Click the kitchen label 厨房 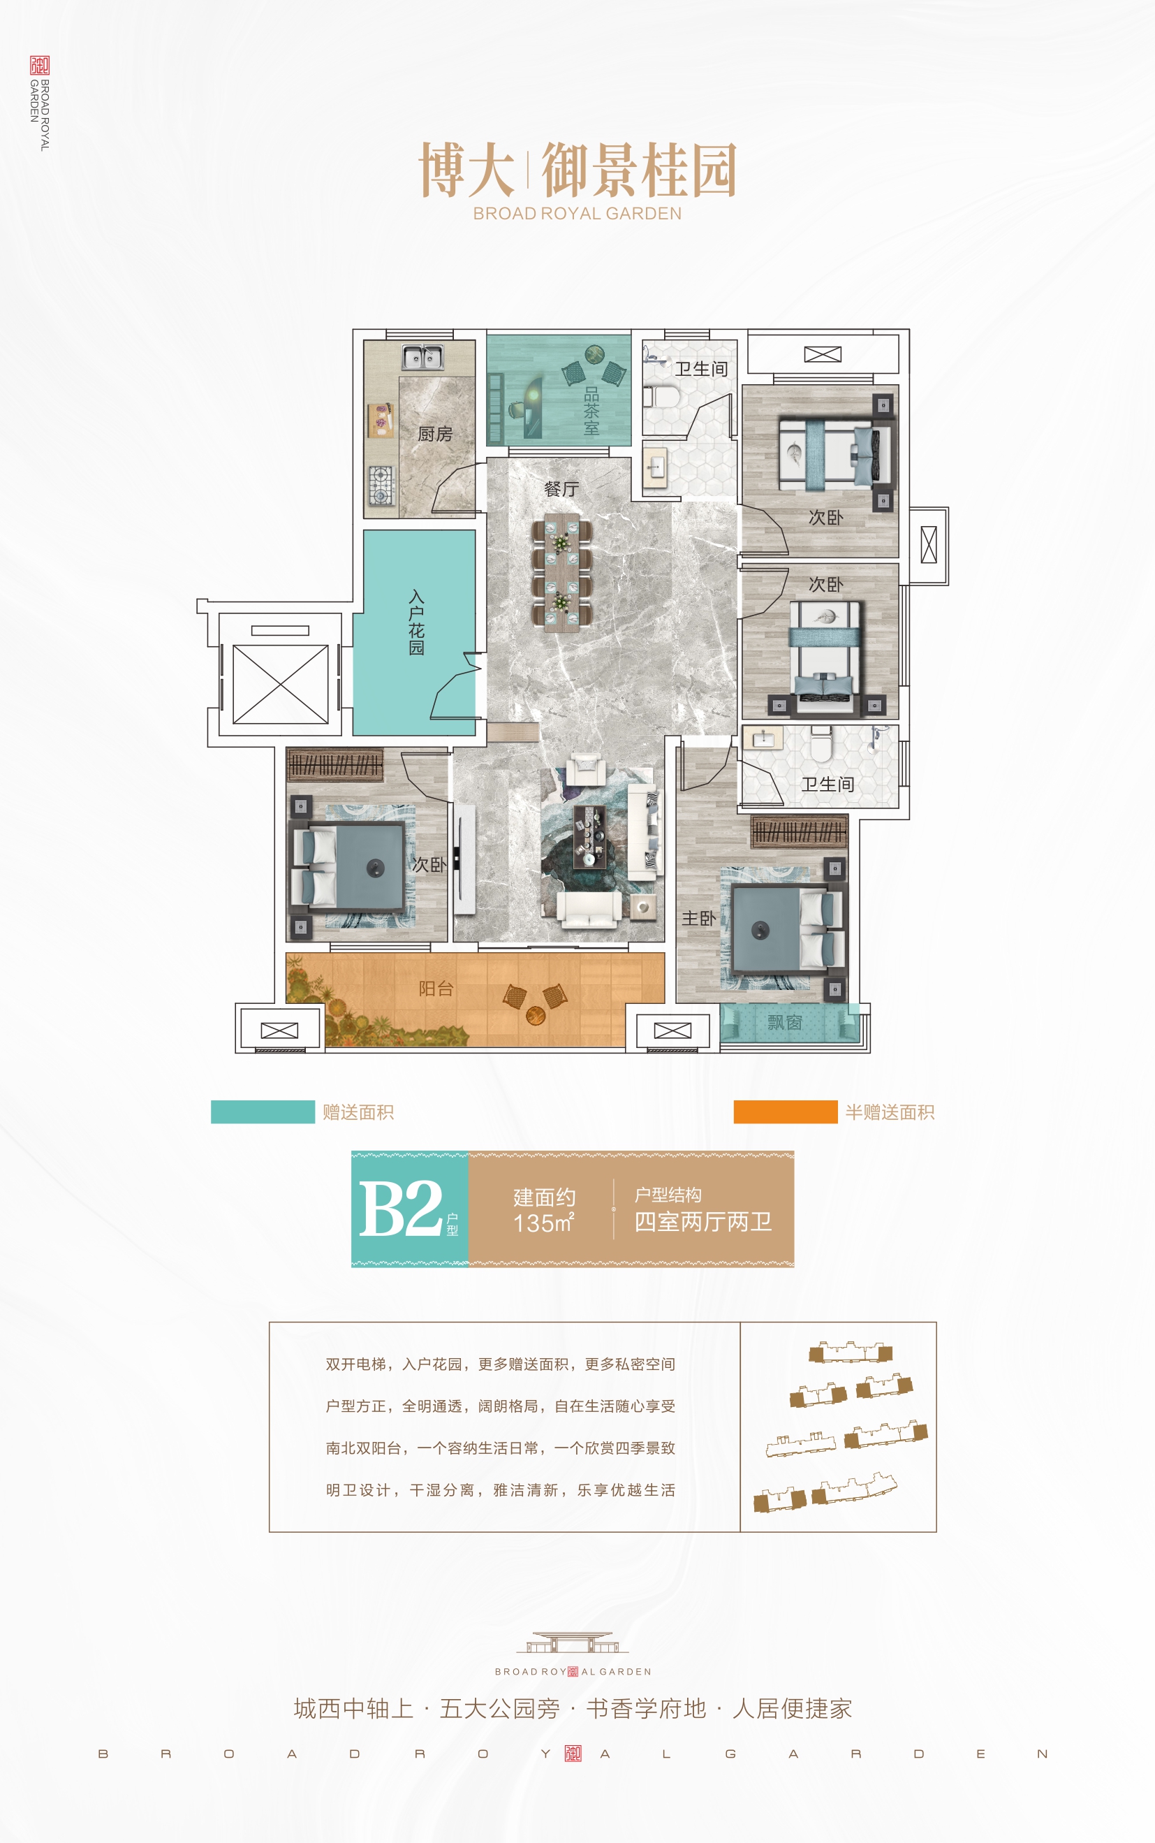pyautogui.click(x=436, y=434)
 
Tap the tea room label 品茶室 pyautogui.click(x=591, y=411)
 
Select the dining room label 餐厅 pyautogui.click(x=561, y=489)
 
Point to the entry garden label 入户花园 pyautogui.click(x=416, y=622)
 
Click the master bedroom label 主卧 pyautogui.click(x=699, y=918)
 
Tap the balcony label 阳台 pyautogui.click(x=436, y=989)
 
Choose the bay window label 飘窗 pyautogui.click(x=784, y=1022)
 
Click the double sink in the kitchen pyautogui.click(x=422, y=357)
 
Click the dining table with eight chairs pyautogui.click(x=561, y=571)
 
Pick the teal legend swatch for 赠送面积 pyautogui.click(x=263, y=1112)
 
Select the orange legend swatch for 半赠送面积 pyautogui.click(x=786, y=1112)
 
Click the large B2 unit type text pyautogui.click(x=400, y=1208)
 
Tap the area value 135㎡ pyautogui.click(x=544, y=1223)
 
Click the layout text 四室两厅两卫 pyautogui.click(x=702, y=1222)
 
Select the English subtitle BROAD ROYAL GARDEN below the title pyautogui.click(x=577, y=214)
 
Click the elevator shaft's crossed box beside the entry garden pyautogui.click(x=280, y=684)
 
